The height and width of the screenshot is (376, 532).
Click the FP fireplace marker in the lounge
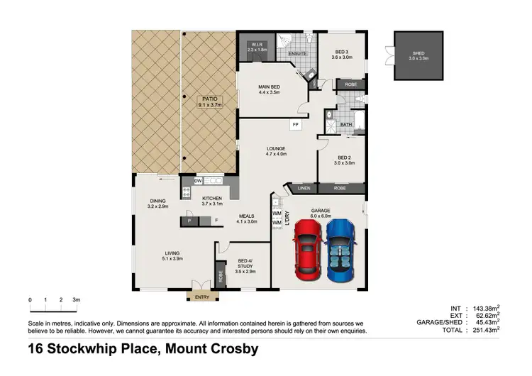(294, 125)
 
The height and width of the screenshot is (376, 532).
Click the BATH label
(345, 125)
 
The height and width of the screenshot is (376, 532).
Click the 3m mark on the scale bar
(77, 301)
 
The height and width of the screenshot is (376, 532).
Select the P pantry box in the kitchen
(189, 221)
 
